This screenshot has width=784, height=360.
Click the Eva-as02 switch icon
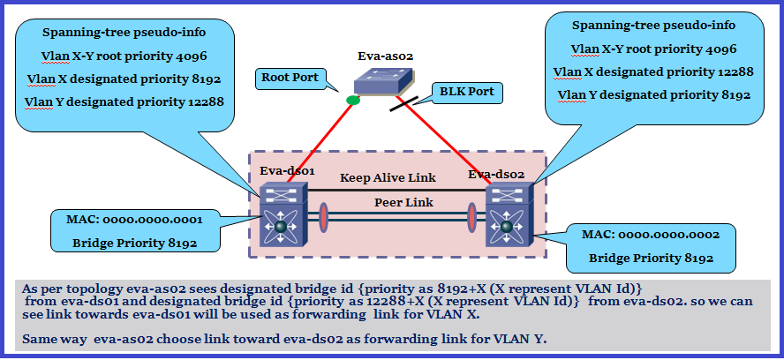tap(383, 81)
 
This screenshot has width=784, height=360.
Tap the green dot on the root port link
tap(353, 100)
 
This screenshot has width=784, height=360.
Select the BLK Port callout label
tap(466, 92)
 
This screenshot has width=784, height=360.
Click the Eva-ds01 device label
tap(287, 171)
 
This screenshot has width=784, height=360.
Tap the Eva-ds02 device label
tap(496, 175)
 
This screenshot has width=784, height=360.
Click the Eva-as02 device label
tap(385, 56)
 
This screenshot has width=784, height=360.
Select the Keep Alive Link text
tap(388, 177)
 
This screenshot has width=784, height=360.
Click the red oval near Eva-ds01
tap(324, 217)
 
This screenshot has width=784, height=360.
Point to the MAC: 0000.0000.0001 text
tap(134, 220)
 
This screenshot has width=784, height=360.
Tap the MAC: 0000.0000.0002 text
tap(651, 235)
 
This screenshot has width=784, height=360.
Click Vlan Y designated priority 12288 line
tap(124, 101)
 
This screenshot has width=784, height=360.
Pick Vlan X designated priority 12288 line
tap(653, 71)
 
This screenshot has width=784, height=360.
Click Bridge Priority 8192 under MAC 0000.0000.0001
tap(134, 244)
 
